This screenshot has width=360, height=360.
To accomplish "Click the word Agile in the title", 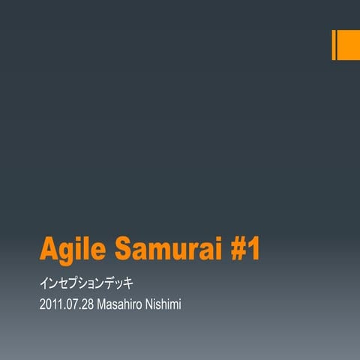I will click(68, 249).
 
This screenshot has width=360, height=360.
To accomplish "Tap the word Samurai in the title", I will click(166, 249).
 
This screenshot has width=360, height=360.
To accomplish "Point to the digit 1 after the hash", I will click(253, 249).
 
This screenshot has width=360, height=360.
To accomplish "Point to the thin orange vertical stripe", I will click(334, 44).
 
